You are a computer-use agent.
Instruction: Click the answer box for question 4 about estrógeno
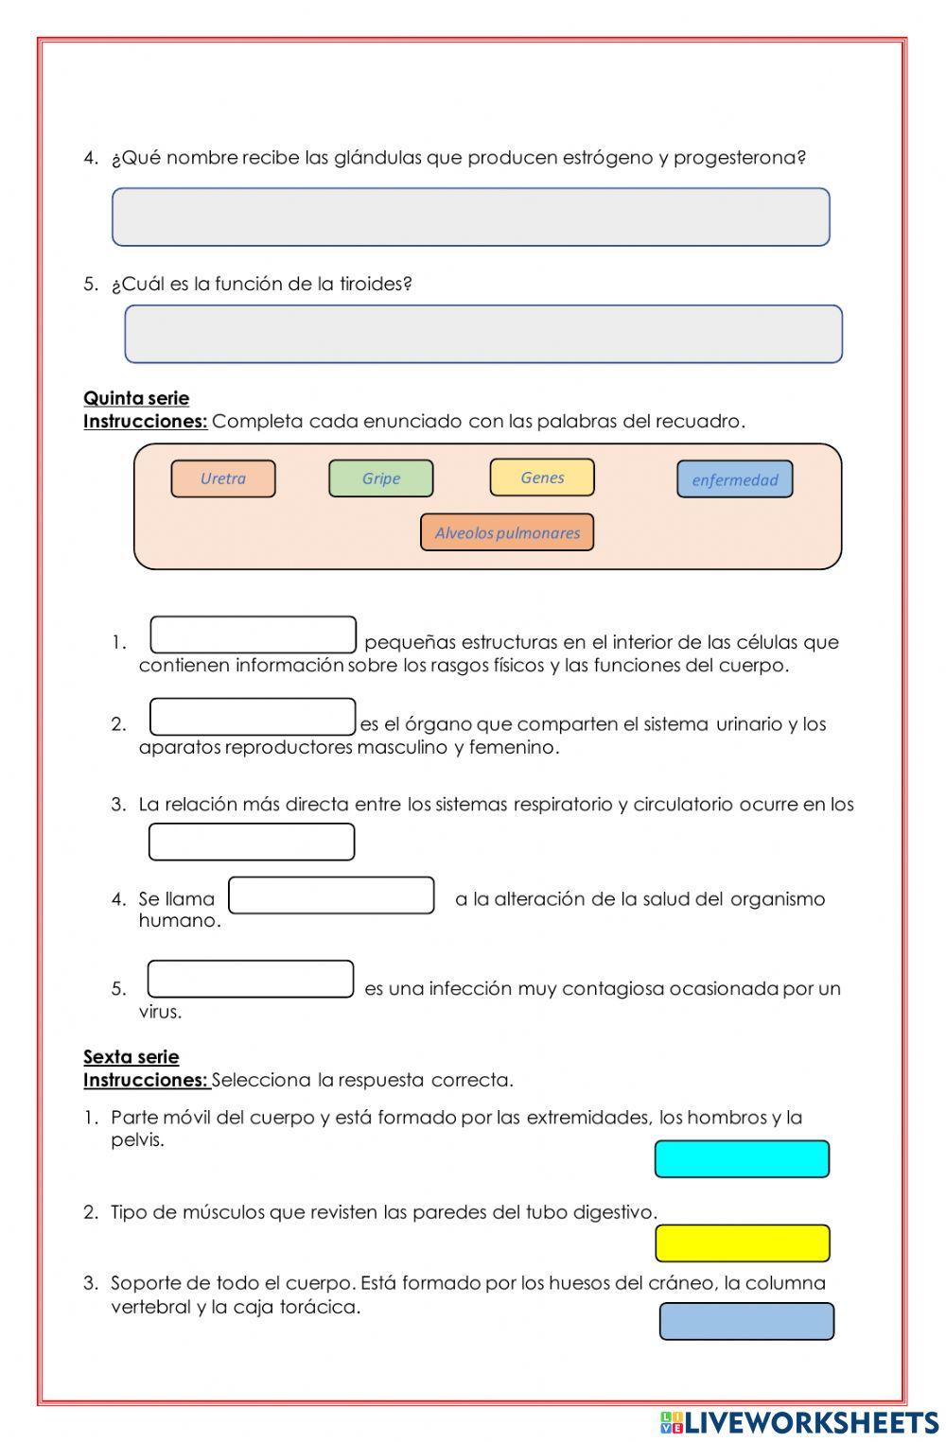pos(470,217)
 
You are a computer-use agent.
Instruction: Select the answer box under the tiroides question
pos(482,334)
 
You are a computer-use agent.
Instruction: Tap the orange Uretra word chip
pos(223,478)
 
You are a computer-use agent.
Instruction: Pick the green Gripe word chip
pos(380,478)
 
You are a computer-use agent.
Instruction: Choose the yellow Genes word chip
pos(542,478)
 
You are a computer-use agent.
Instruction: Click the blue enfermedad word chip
pos(734,479)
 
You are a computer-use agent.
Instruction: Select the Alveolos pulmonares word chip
pos(507,532)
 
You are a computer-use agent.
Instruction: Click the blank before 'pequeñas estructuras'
pos(253,635)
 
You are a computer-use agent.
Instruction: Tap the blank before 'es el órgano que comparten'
pos(253,717)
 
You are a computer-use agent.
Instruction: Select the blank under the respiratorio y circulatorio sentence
pos(252,842)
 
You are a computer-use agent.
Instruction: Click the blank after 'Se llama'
pos(331,895)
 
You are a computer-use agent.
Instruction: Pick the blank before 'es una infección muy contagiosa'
pos(251,979)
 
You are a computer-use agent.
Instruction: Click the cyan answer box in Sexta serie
pos(742,1158)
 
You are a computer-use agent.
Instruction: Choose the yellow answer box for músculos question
pos(742,1242)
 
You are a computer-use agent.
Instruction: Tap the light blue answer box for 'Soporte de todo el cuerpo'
pos(746,1321)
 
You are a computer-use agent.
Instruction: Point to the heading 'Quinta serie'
pos(136,398)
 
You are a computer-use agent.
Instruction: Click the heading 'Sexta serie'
pos(131,1057)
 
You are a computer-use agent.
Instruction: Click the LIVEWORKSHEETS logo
pos(799,1422)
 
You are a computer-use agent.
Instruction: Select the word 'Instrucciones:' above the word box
pos(145,422)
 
